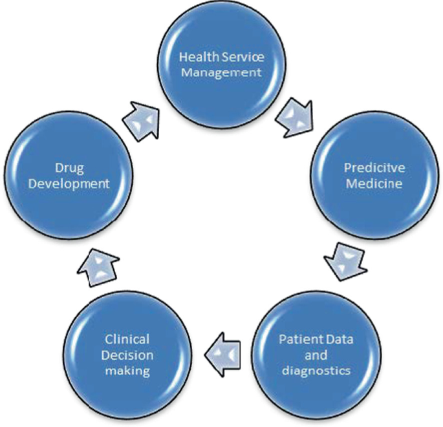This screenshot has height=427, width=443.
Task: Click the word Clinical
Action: [x=127, y=339]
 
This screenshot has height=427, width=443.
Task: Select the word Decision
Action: [x=127, y=355]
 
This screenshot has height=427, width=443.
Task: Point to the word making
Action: [x=127, y=370]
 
